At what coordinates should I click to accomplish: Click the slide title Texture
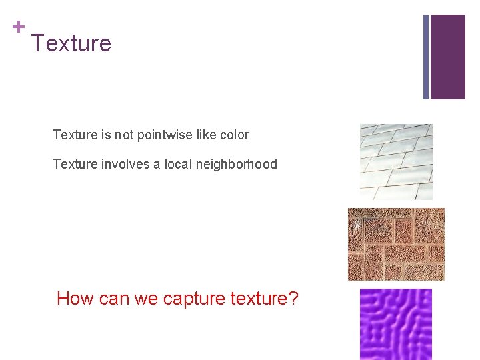click(x=71, y=43)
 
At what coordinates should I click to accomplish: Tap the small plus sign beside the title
click(x=19, y=27)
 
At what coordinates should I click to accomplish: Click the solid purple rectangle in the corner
click(x=447, y=57)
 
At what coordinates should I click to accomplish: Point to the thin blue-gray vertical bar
click(x=426, y=57)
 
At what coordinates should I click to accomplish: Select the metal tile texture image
click(x=396, y=162)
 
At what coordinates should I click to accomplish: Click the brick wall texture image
click(x=396, y=244)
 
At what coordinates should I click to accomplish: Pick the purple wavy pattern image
click(x=396, y=324)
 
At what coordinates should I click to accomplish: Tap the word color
click(x=234, y=135)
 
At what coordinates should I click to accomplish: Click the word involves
click(x=125, y=164)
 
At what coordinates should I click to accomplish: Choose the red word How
click(x=75, y=298)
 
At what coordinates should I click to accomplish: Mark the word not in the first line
click(x=124, y=135)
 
